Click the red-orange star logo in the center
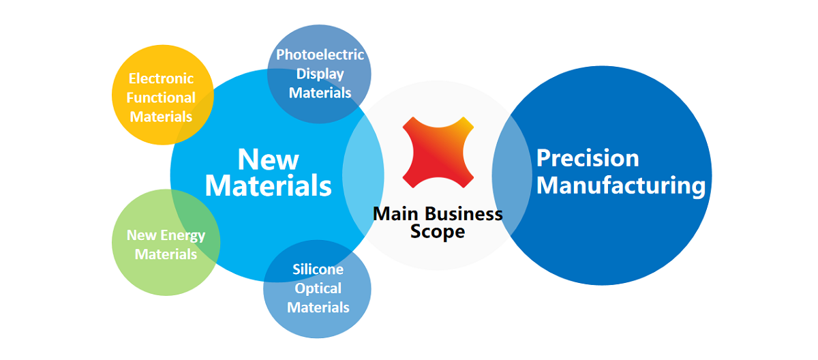point(438,152)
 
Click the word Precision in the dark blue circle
point(587,158)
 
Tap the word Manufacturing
point(621,186)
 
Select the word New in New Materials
point(268,160)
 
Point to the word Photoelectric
point(320,55)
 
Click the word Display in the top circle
point(320,74)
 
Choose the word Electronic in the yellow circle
point(161,78)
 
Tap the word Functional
point(161,98)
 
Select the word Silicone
point(318,269)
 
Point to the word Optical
point(318,289)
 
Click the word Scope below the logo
point(438,232)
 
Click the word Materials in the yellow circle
point(161,117)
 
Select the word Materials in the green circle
point(166,254)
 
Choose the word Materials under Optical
point(318,307)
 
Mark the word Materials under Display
point(320,93)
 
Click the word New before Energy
point(141,235)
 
